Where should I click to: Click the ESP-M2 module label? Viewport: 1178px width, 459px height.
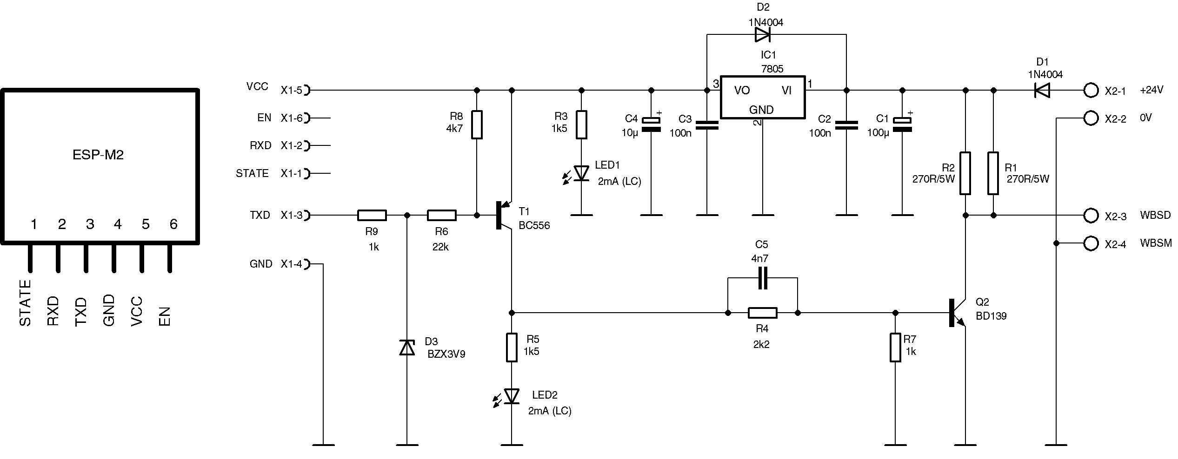click(x=98, y=155)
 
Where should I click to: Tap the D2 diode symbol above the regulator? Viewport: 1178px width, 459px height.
click(x=763, y=34)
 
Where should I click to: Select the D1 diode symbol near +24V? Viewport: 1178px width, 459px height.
click(x=1042, y=90)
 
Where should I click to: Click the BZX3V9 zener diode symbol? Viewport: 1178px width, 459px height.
click(x=407, y=348)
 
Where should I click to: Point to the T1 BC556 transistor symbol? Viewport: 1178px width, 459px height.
click(x=504, y=215)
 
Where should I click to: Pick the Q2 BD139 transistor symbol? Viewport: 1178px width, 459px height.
click(x=958, y=313)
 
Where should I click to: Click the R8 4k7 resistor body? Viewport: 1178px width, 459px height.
click(x=477, y=125)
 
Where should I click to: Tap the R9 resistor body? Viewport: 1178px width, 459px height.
click(x=372, y=215)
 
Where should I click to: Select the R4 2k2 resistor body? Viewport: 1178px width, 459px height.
click(x=762, y=313)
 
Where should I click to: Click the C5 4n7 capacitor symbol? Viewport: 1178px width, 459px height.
click(x=762, y=278)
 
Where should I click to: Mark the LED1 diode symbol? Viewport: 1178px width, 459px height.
click(x=581, y=173)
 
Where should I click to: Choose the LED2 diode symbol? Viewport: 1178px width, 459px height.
click(x=512, y=396)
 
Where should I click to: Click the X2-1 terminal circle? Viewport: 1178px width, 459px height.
click(x=1091, y=90)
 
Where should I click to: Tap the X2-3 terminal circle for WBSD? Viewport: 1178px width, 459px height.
click(x=1091, y=215)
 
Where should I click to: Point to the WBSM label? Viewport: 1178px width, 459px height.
click(x=1156, y=243)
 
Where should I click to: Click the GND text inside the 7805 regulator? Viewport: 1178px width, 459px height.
click(x=761, y=110)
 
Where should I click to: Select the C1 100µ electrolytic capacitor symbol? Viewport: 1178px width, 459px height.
click(x=902, y=125)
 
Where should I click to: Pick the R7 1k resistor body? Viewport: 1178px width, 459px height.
click(x=895, y=348)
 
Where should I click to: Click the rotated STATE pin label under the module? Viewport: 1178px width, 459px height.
click(x=25, y=303)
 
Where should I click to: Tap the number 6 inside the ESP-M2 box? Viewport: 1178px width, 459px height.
click(x=173, y=224)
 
